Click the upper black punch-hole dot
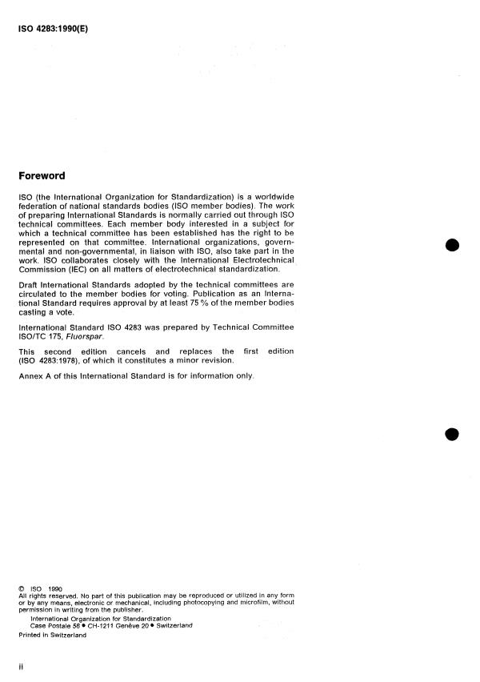(453, 246)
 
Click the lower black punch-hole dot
(453, 434)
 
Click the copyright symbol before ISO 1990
(21, 588)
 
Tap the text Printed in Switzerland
(52, 634)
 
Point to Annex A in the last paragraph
(37, 377)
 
